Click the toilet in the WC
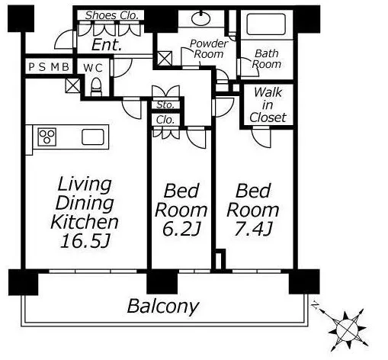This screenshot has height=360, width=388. point(96,87)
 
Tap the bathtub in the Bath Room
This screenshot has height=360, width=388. point(266,24)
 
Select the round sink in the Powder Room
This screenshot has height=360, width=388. point(200,18)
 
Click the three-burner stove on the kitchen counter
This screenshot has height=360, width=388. point(47,137)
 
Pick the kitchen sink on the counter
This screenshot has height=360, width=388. point(93,137)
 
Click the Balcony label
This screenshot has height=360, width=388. point(163,307)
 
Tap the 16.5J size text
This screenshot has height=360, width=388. point(85,241)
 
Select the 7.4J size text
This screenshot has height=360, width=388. point(253,229)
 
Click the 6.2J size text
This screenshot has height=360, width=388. point(181,229)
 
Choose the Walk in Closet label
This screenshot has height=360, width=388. point(268,104)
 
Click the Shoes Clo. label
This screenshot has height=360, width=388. point(112,15)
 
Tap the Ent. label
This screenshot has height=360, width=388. point(107,45)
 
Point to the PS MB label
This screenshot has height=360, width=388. point(49,67)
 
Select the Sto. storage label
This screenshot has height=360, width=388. point(165,104)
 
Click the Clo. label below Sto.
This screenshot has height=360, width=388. point(165,120)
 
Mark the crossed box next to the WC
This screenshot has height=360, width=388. point(73,85)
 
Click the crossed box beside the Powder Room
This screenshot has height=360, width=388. point(165,58)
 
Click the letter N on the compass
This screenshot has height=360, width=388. point(316,305)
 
